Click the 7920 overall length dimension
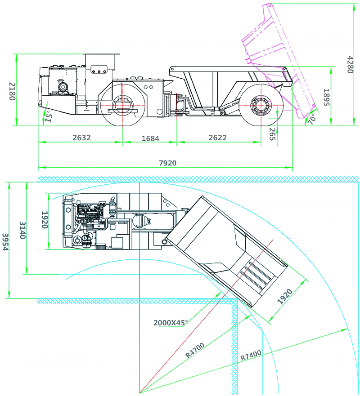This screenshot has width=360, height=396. point(167,163)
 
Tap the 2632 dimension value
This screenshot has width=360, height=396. point(81,138)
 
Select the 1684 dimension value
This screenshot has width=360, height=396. point(150,138)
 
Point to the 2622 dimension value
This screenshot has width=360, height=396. point(217,138)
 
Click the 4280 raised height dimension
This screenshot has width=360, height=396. point(350,64)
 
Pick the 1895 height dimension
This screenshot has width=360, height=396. point(326,97)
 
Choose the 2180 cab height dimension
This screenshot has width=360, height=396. point(13,91)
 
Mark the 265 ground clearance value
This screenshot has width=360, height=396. point(272,134)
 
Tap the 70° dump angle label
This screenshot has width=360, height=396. point(311,119)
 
